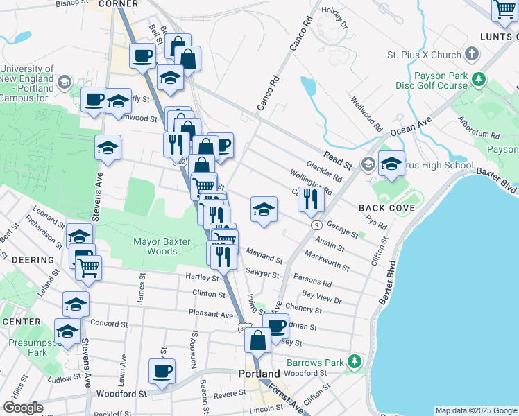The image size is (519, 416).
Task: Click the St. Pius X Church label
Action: pyautogui.click(x=423, y=55)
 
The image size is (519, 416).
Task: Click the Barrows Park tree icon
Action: pyautogui.click(x=355, y=362)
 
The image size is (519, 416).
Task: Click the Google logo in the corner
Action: pyautogui.click(x=23, y=408)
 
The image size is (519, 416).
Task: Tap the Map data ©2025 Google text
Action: pyautogui.click(x=476, y=410)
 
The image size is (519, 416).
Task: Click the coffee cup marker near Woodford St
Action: pyautogui.click(x=162, y=371)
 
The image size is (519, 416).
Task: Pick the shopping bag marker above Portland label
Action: pyautogui.click(x=257, y=340)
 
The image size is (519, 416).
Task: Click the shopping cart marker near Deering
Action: pyautogui.click(x=88, y=266)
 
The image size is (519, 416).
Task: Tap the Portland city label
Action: pyautogui.click(x=259, y=373)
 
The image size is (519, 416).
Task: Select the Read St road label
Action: pyautogui.click(x=338, y=159)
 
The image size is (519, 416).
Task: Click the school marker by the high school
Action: pyautogui.click(x=391, y=164)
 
